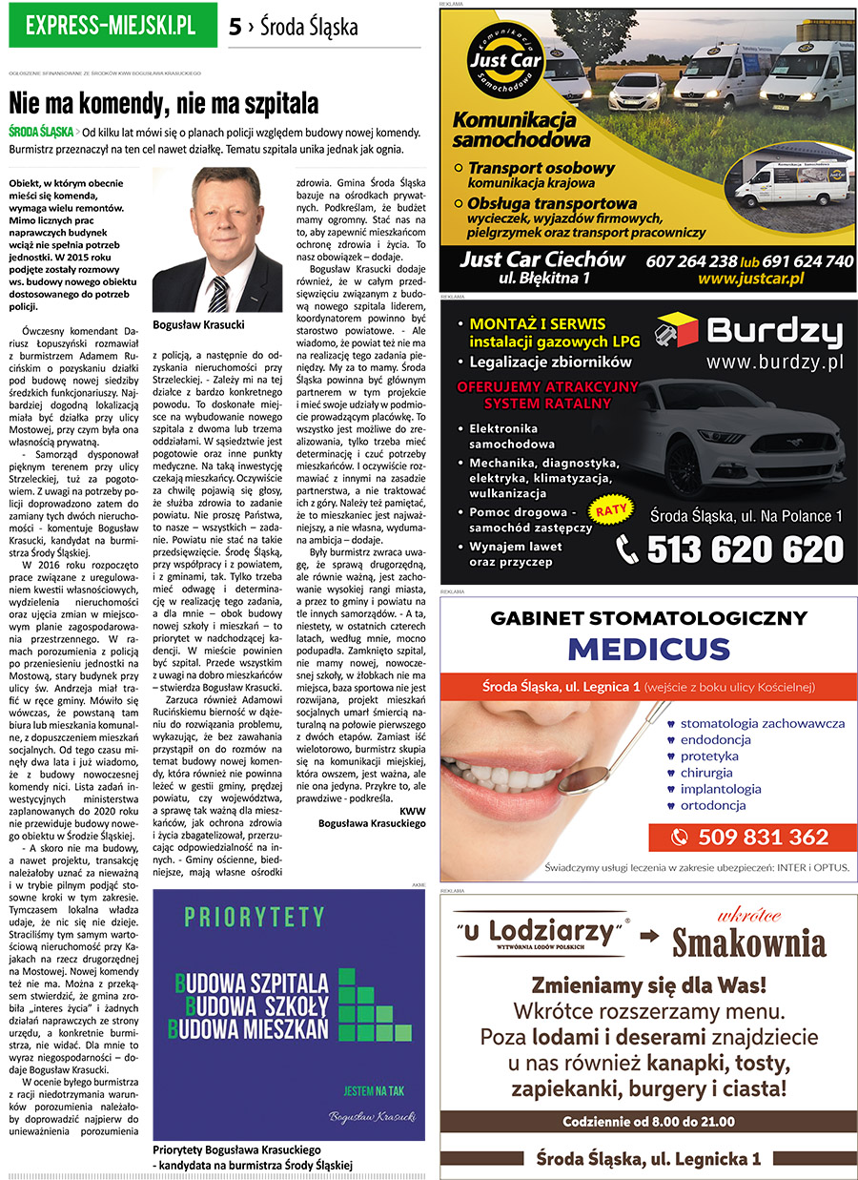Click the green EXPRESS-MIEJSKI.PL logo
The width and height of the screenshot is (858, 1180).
coord(112,26)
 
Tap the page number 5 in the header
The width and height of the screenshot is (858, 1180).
coord(235,28)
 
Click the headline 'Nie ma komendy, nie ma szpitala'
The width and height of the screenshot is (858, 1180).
coord(163,104)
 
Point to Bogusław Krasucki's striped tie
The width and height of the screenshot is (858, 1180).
coord(218,293)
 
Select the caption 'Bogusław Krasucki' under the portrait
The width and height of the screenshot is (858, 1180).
coord(198,325)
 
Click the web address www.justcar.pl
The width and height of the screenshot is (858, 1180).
coord(750,279)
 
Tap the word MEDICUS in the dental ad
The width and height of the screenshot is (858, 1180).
coord(648,649)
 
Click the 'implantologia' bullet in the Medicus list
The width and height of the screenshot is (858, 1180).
coord(720,789)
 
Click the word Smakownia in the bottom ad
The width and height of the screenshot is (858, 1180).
coord(748,943)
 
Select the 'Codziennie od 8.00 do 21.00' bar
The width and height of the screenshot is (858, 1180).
coord(648,1121)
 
